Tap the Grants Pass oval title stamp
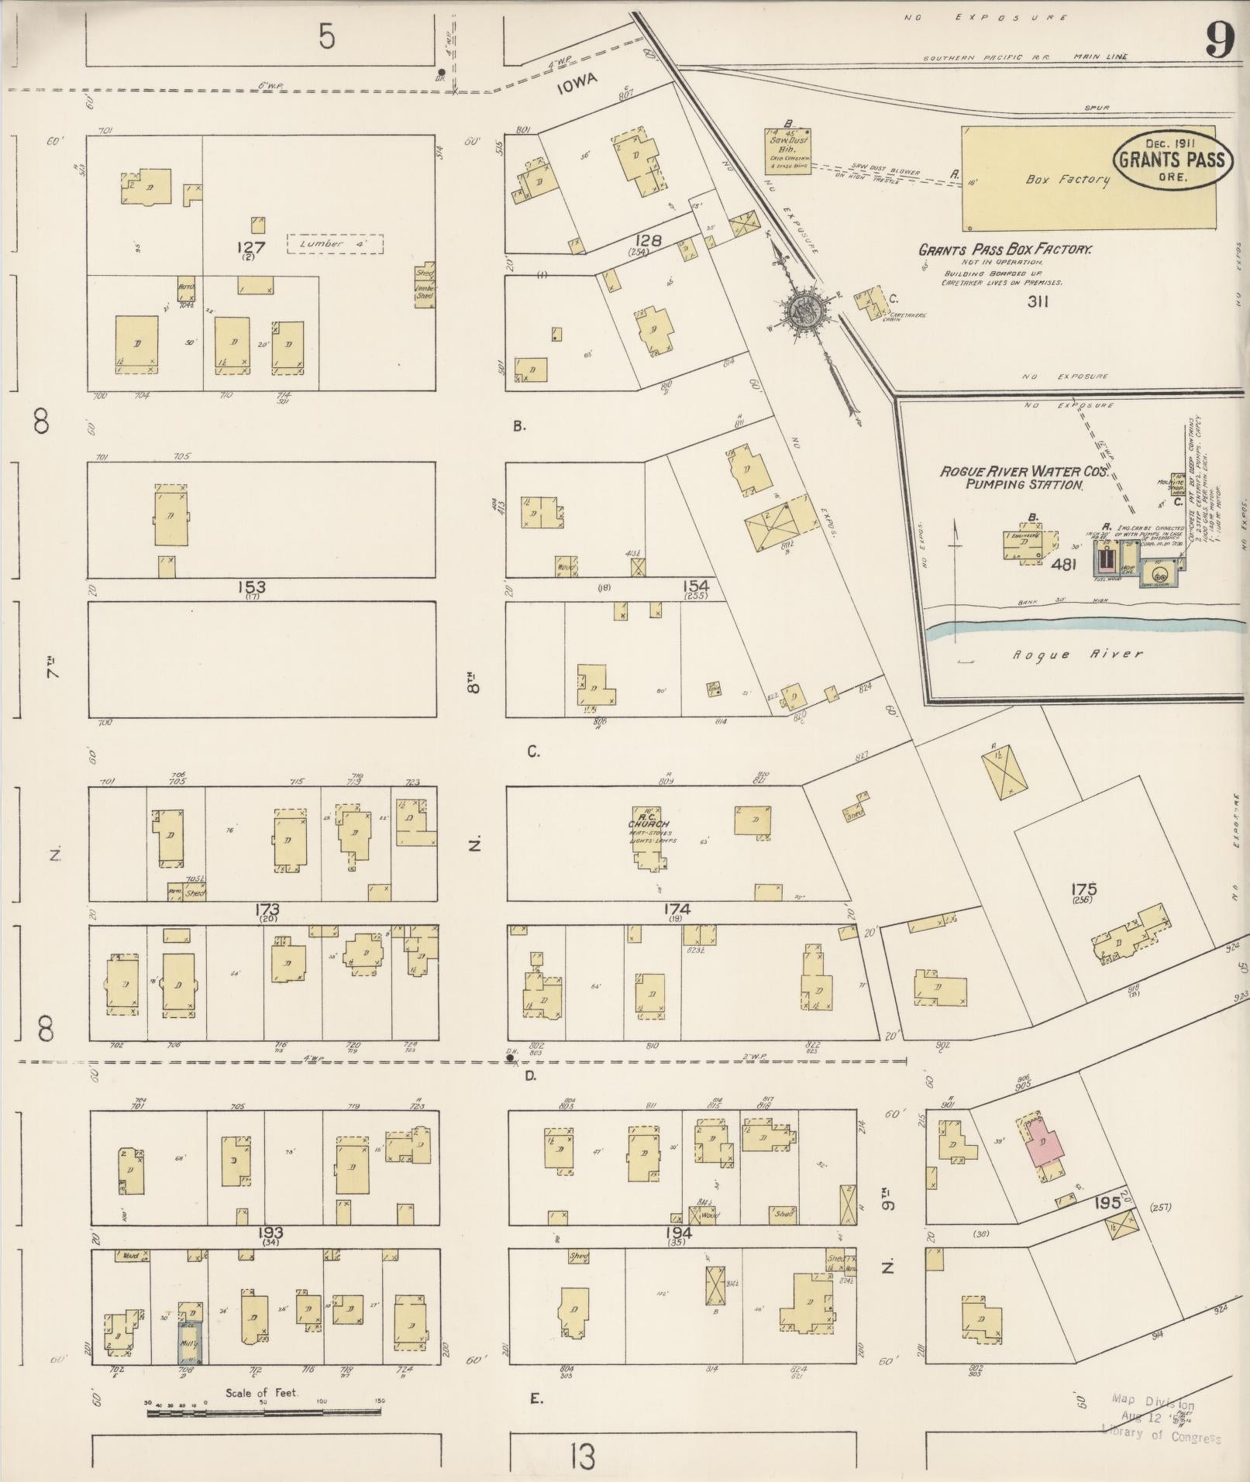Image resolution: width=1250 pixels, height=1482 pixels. (1170, 160)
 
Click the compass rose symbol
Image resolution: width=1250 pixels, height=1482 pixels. (804, 311)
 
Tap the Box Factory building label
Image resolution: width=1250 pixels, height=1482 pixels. (1067, 180)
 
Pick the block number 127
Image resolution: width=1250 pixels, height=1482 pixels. (253, 248)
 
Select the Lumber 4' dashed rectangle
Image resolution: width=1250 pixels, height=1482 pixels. (335, 244)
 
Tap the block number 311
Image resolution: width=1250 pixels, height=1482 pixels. (1037, 302)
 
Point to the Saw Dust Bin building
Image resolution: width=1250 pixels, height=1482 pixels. (788, 151)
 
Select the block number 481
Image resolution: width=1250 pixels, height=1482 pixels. (1064, 565)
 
